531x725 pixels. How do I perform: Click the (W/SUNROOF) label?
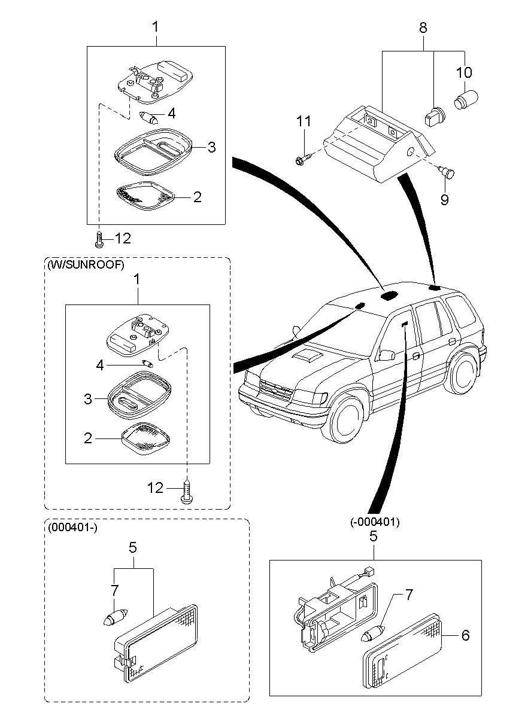pos(85,265)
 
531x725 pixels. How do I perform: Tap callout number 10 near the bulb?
pos(464,73)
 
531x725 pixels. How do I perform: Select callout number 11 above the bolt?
pos(304,121)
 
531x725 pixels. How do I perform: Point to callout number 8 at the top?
pos(423,27)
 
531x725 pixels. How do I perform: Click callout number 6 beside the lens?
pos(465,636)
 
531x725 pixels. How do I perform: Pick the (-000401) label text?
pos(375,522)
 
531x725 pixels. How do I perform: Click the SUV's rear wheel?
pos(463,376)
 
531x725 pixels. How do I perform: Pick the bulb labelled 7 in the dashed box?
pos(115,617)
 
